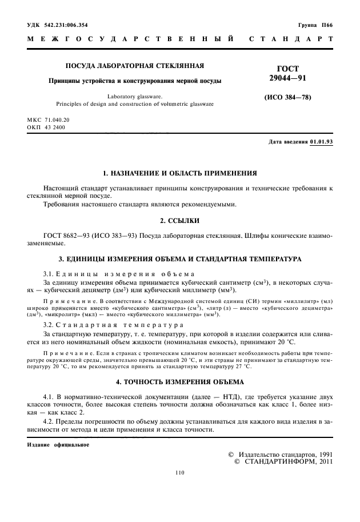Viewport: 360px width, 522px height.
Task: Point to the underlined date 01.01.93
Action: [321, 141]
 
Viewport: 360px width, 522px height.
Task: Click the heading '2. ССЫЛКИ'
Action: [179, 220]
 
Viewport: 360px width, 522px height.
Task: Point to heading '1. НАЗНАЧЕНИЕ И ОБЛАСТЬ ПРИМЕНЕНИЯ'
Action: [179, 173]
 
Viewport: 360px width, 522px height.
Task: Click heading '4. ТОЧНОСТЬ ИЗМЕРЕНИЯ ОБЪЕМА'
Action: [179, 381]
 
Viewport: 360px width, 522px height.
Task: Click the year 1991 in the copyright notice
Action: [323, 454]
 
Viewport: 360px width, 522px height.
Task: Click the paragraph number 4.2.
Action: [51, 422]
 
